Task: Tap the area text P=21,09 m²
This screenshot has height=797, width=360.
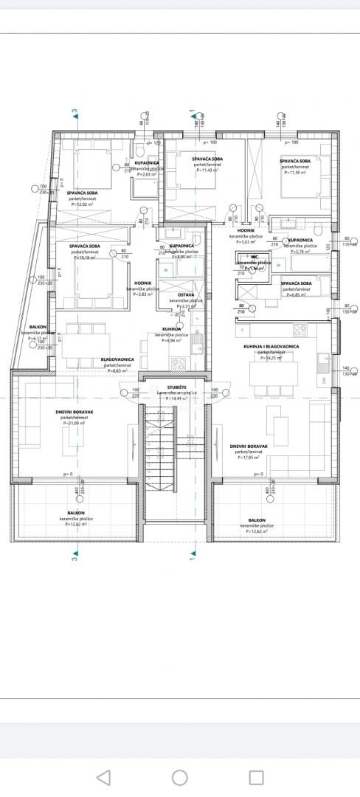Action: coord(75,423)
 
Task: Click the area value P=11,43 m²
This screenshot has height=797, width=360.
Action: coord(208,170)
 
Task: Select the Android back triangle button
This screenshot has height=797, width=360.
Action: coord(103,776)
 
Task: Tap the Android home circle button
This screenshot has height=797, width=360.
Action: coord(179,776)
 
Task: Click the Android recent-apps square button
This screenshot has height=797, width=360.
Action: coord(256,776)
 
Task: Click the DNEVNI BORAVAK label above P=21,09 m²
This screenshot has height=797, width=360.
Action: coord(75,412)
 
